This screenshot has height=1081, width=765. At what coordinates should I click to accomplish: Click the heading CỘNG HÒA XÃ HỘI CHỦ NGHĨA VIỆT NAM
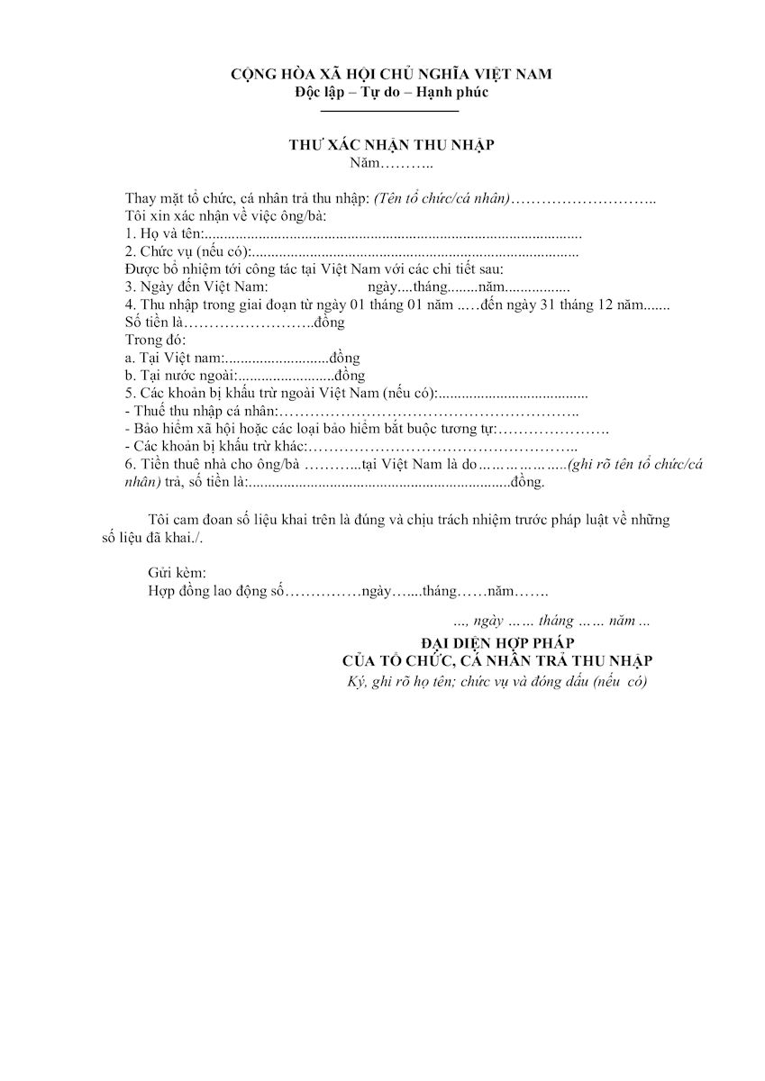coord(390,73)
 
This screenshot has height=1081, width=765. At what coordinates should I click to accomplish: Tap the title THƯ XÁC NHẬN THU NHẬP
coord(390,145)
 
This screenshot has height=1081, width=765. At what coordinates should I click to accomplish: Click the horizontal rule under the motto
coord(390,110)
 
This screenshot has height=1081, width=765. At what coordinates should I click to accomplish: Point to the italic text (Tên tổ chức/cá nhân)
coord(442,198)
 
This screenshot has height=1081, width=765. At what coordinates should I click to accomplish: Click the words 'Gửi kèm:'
coord(177,573)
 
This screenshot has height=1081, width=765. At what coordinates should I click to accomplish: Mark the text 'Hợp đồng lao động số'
coord(215,591)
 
